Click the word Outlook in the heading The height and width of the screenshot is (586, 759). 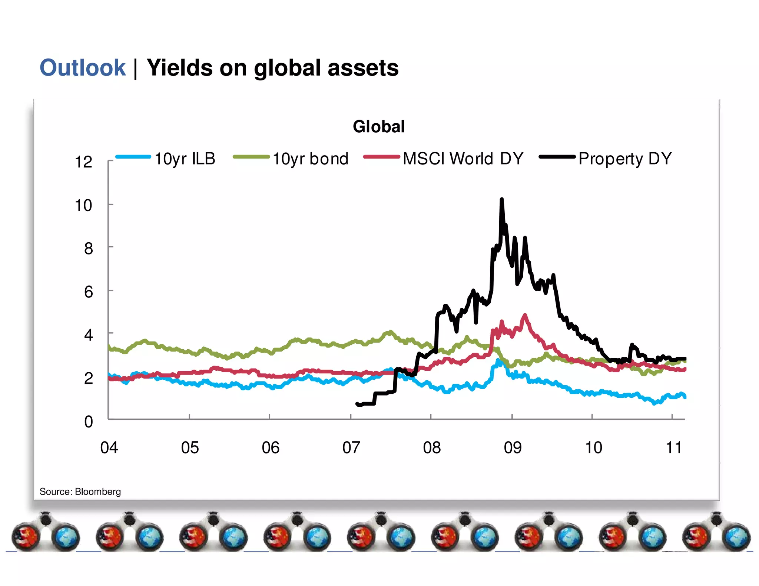coord(83,68)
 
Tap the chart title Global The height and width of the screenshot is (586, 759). coord(378,126)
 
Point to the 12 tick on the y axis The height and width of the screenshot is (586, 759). coord(83,162)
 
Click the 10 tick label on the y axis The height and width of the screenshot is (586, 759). coord(83,205)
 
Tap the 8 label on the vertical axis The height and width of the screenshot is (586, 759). coord(88,249)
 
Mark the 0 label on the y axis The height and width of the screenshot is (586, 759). coord(88,422)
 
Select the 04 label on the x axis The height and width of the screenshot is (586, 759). coord(109,448)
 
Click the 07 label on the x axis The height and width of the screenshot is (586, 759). coord(351,448)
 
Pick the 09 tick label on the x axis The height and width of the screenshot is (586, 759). coord(513,448)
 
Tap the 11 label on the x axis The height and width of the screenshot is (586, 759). coord(673,448)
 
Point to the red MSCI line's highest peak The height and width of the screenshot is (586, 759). coord(525,316)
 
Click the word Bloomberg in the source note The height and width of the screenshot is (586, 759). coord(98,492)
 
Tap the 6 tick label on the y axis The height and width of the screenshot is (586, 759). coord(88,292)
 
